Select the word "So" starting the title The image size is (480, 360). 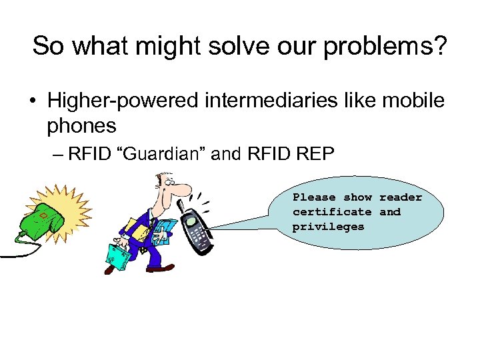[47, 47]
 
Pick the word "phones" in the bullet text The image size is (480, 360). [81, 125]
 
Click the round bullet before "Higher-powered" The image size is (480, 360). [32, 101]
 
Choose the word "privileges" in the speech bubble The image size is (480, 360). [328, 227]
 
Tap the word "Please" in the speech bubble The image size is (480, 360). [315, 197]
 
